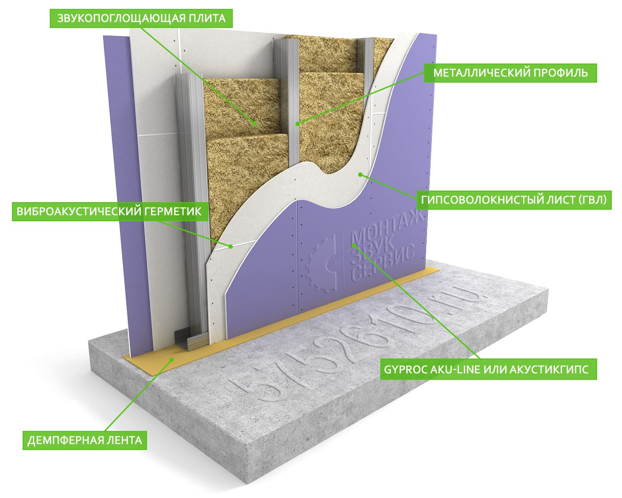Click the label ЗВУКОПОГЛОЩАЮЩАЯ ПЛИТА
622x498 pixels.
click(141, 18)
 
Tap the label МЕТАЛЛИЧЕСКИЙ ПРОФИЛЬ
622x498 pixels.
click(510, 73)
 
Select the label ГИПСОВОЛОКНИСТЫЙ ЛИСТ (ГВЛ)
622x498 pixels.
click(514, 200)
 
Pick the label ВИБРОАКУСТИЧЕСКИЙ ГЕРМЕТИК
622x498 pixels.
click(110, 211)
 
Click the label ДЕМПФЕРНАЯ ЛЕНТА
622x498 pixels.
click(85, 440)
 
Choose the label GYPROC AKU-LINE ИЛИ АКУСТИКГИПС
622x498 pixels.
click(488, 369)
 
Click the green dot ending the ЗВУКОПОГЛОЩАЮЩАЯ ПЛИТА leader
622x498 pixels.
click(255, 124)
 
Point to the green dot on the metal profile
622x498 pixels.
click(298, 124)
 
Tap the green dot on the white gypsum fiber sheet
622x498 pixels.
click(360, 174)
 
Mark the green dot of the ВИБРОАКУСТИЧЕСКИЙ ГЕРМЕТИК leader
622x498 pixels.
click(231, 247)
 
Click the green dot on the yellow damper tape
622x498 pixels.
click(171, 360)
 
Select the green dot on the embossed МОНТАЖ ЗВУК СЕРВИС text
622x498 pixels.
click(354, 245)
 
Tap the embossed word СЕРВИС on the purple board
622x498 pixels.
click(383, 263)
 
